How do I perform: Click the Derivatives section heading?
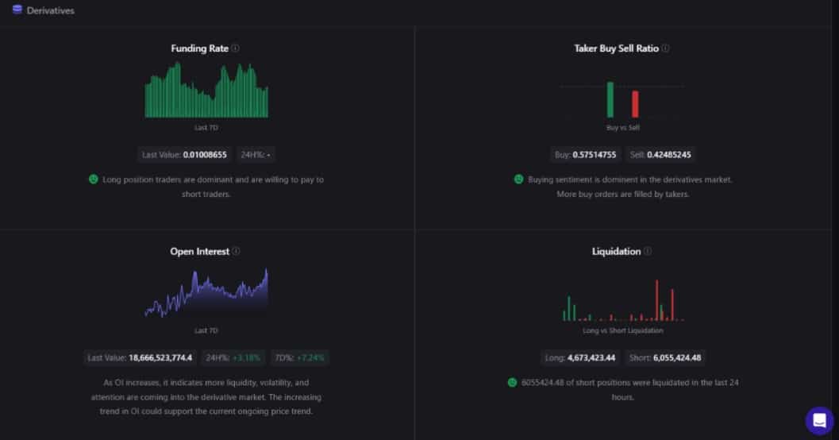[50, 10]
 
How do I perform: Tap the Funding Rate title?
[199, 48]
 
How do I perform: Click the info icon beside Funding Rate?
[236, 48]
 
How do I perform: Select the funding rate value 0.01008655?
[205, 155]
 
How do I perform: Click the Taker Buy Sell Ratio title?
[616, 48]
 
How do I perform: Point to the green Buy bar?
[610, 99]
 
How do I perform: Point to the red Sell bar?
[635, 104]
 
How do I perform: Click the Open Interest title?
[199, 252]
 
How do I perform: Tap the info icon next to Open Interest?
[236, 252]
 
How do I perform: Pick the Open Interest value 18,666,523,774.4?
[160, 357]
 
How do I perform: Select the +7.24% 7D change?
[310, 357]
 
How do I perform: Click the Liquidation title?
[616, 252]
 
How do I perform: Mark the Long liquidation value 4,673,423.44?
[591, 357]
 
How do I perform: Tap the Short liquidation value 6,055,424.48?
[677, 357]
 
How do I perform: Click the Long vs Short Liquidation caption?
[622, 330]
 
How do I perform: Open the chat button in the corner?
[819, 421]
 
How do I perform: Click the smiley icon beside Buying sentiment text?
[518, 179]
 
